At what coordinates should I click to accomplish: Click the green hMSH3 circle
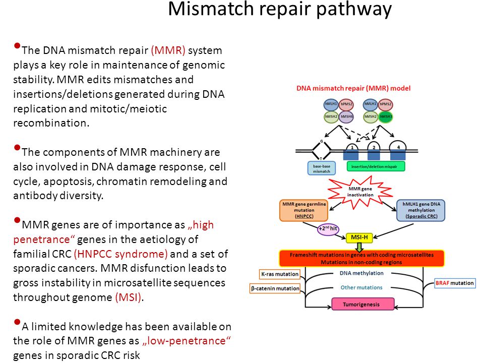pyautogui.click(x=386, y=117)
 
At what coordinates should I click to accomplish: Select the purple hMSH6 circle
pyautogui.click(x=346, y=117)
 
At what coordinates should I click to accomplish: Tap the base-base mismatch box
pyautogui.click(x=321, y=168)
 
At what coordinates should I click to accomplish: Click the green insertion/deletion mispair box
pyautogui.click(x=376, y=165)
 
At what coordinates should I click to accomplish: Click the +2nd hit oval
pyautogui.click(x=328, y=229)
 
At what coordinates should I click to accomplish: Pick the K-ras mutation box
pyautogui.click(x=279, y=274)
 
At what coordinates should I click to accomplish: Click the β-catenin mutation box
pyautogui.click(x=275, y=289)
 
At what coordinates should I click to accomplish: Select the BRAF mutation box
pyautogui.click(x=455, y=283)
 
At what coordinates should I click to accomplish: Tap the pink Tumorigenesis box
pyautogui.click(x=362, y=304)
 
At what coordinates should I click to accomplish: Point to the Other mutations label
pyautogui.click(x=361, y=287)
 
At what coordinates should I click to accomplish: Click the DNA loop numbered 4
pyautogui.click(x=398, y=146)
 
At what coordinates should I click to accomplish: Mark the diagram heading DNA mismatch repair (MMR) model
pyautogui.click(x=353, y=88)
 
